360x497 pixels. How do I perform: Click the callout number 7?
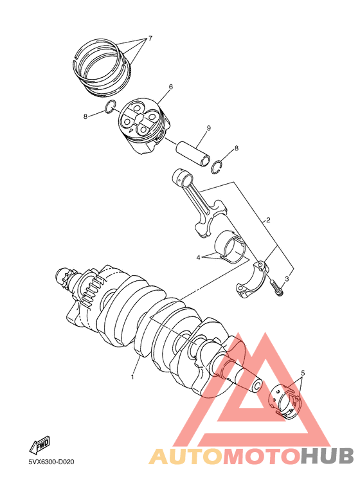(150, 38)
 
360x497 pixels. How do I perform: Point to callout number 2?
(268, 220)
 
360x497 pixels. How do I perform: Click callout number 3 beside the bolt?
(287, 278)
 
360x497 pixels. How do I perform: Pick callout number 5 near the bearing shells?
(302, 373)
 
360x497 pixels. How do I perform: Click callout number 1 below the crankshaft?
(132, 377)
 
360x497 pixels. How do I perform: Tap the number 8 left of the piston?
(85, 116)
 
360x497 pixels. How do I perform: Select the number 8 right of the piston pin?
(236, 149)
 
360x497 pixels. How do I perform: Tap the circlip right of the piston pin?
(219, 168)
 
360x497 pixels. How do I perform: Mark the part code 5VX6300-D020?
(51, 462)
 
